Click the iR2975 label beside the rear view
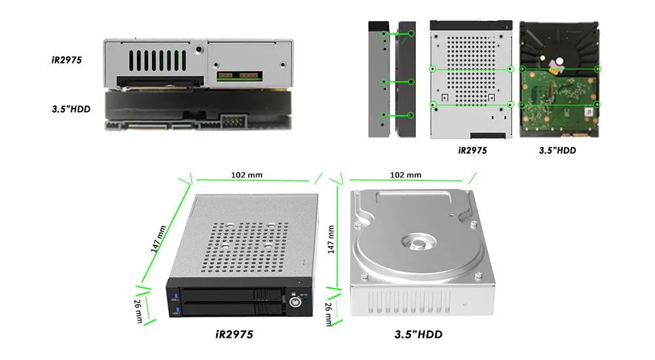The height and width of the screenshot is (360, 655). coord(67,60)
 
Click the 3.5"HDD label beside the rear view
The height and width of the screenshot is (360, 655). coord(71,109)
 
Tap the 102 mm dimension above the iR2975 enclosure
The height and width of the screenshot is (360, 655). coord(247,175)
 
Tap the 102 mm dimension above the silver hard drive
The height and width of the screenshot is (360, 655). coord(405,175)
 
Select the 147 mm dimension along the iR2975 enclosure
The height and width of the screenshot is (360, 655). coord(159,239)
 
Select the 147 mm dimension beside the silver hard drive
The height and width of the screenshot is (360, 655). coord(331,240)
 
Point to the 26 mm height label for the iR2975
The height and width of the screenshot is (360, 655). coord(138,311)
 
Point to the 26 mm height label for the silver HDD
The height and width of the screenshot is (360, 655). coord(329,314)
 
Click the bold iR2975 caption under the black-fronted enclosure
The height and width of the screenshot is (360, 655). coord(234,334)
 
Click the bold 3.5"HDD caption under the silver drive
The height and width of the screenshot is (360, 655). coord(419,334)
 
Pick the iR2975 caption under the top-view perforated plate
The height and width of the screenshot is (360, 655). coord(472,151)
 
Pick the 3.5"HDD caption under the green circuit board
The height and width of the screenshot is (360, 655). coord(557,151)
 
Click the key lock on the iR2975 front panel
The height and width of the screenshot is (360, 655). coord(295,302)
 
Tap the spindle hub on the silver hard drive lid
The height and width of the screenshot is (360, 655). coord(419,242)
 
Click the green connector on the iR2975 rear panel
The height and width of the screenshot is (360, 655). coord(240,76)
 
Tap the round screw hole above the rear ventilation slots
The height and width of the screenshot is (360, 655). coord(199,49)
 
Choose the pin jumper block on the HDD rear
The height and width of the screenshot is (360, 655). coord(234,122)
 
